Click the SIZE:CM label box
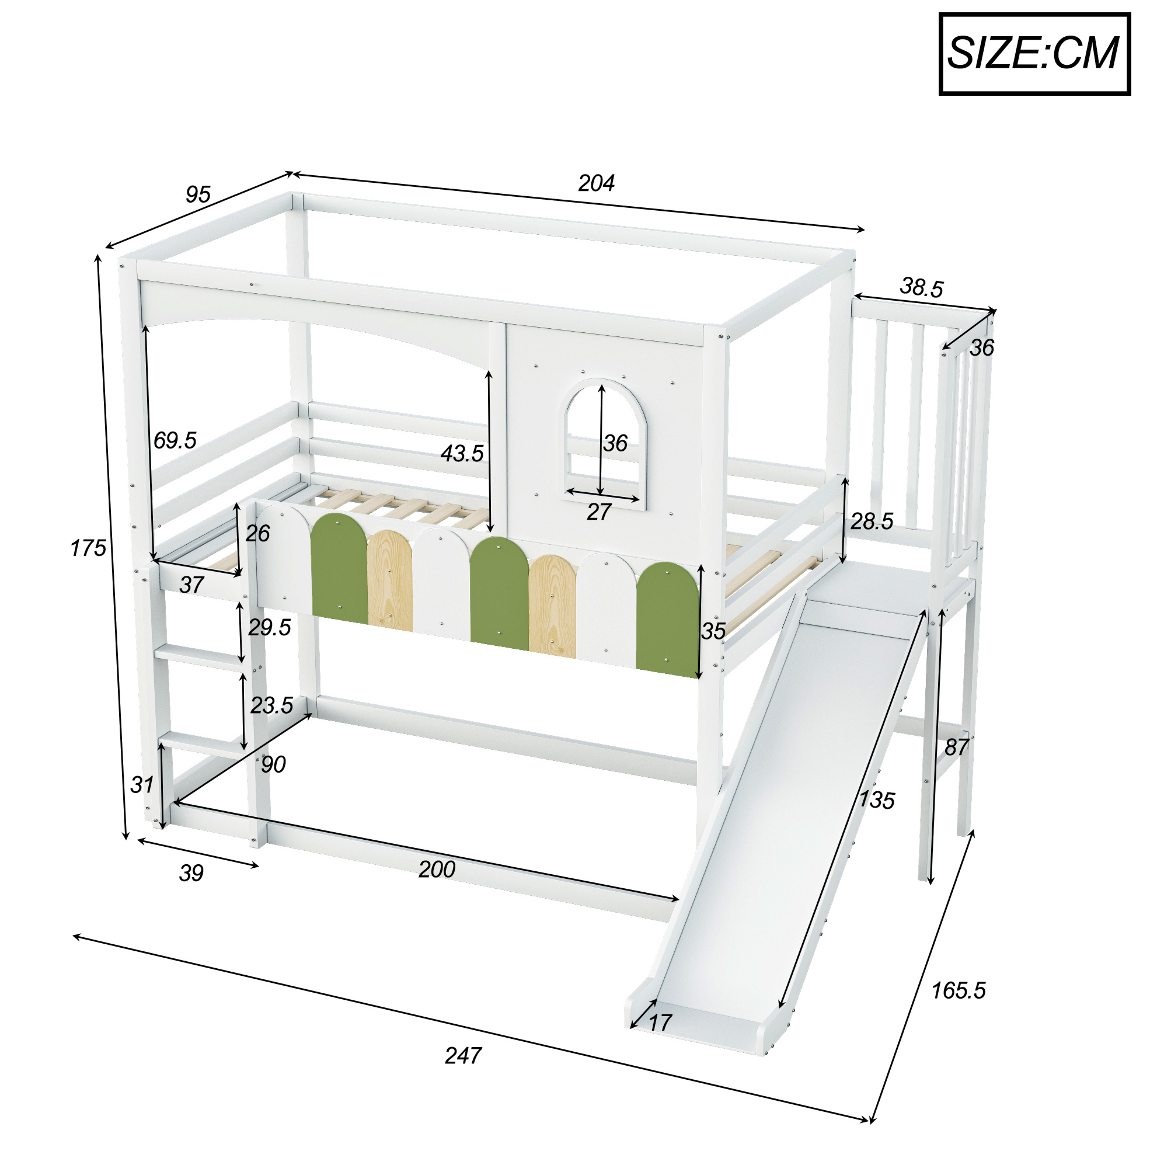[x=1034, y=54]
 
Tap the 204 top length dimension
[x=596, y=183]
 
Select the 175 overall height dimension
[x=88, y=548]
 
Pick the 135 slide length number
[x=877, y=799]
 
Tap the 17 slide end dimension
[x=660, y=1022]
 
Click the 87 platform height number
[x=956, y=747]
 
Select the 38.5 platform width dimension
[x=921, y=287]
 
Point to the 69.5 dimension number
[x=175, y=440]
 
